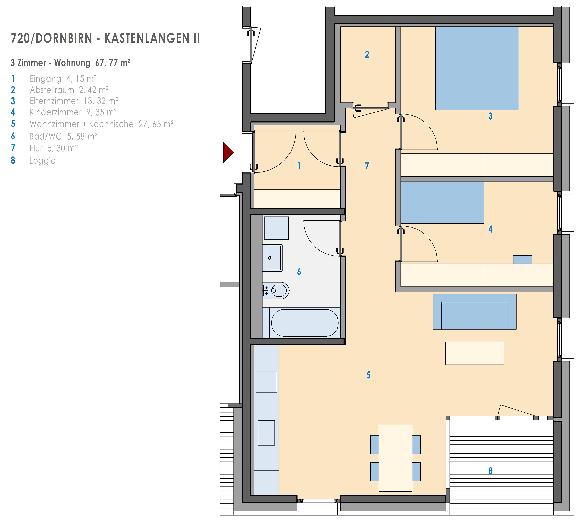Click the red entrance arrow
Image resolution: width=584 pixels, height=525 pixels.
click(228, 152)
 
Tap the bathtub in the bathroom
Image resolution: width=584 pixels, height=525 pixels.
click(305, 323)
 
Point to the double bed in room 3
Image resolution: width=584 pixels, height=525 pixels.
click(477, 68)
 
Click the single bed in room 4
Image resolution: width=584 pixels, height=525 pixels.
click(442, 203)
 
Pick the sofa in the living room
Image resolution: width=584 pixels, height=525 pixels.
click(474, 312)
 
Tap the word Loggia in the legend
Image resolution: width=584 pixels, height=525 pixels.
click(42, 161)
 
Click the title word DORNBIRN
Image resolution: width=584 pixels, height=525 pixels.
click(64, 38)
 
